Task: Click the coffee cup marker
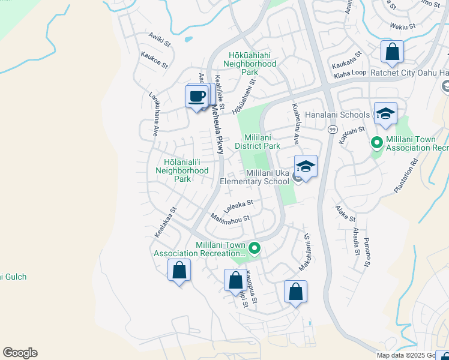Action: coord(197,96)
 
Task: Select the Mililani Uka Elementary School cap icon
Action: coord(306,167)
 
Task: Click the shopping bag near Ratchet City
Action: coord(392,52)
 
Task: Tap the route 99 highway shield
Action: coord(332,129)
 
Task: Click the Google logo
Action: coord(20,353)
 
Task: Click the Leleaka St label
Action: coord(238,207)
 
